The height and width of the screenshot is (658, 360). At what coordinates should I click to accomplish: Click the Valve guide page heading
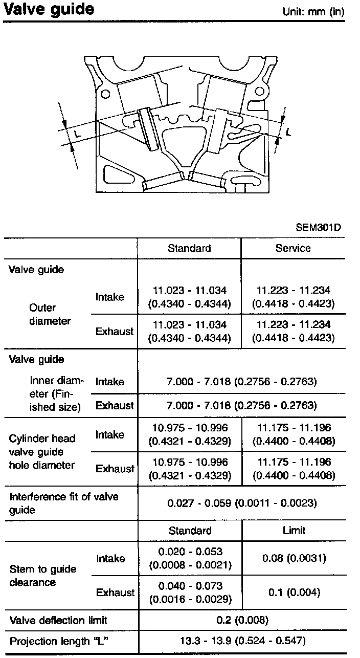(x=49, y=9)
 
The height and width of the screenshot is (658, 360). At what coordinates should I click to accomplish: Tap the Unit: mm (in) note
(x=313, y=12)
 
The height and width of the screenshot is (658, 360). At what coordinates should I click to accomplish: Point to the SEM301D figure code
(x=318, y=227)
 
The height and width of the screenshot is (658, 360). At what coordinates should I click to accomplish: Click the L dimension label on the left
(x=77, y=133)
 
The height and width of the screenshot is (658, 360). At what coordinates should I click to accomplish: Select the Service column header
(x=293, y=248)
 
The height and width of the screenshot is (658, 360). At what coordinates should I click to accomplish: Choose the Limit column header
(x=294, y=531)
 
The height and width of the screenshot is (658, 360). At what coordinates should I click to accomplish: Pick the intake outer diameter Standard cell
(x=189, y=297)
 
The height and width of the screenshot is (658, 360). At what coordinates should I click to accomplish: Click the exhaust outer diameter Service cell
(x=293, y=331)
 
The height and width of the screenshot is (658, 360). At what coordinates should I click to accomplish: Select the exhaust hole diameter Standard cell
(x=189, y=468)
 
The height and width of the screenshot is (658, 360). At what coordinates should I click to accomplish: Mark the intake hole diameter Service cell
(x=293, y=434)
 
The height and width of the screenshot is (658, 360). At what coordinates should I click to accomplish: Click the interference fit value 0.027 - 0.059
(x=242, y=503)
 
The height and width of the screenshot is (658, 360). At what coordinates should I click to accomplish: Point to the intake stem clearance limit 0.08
(x=294, y=558)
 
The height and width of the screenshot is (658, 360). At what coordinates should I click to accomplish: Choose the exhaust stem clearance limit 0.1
(x=294, y=593)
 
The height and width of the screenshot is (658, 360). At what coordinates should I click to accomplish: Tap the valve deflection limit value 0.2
(x=242, y=621)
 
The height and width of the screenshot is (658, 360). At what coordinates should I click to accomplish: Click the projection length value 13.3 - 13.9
(x=242, y=640)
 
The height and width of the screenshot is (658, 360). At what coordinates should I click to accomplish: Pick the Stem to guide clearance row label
(x=43, y=576)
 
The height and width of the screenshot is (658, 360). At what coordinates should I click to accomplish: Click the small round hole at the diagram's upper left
(x=106, y=95)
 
